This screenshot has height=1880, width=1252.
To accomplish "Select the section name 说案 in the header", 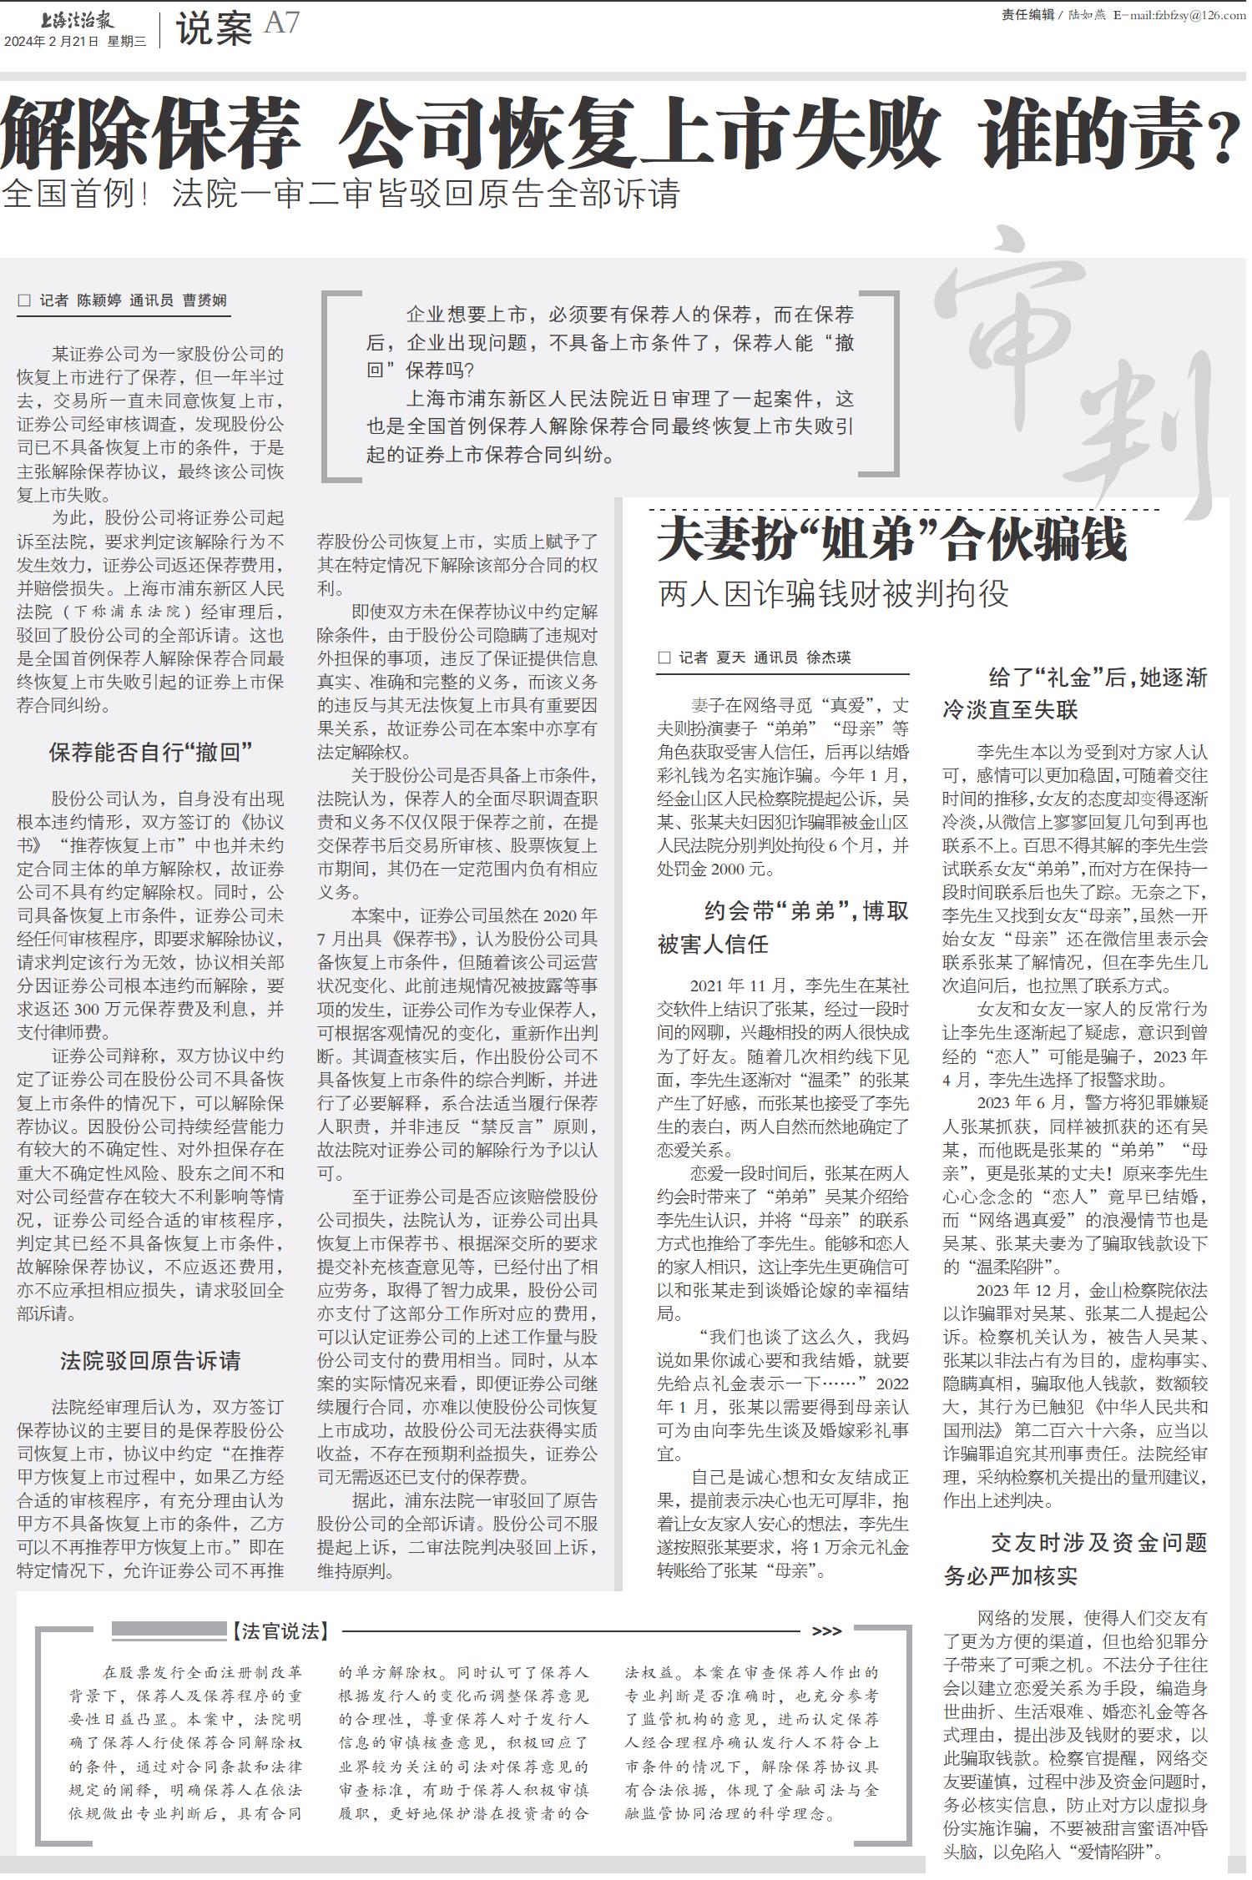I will point(214,30).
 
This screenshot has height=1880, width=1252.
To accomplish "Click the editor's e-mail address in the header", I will point(1180,15).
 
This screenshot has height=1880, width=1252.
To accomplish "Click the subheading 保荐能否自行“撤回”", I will point(150,753).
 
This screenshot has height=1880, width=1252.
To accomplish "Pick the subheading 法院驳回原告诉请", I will point(150,1361).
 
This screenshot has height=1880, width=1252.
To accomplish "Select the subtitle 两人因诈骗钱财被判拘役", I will point(833,595).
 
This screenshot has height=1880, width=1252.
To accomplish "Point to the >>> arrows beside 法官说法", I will point(826,1631).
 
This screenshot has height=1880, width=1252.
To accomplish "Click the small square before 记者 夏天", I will point(664,658).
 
